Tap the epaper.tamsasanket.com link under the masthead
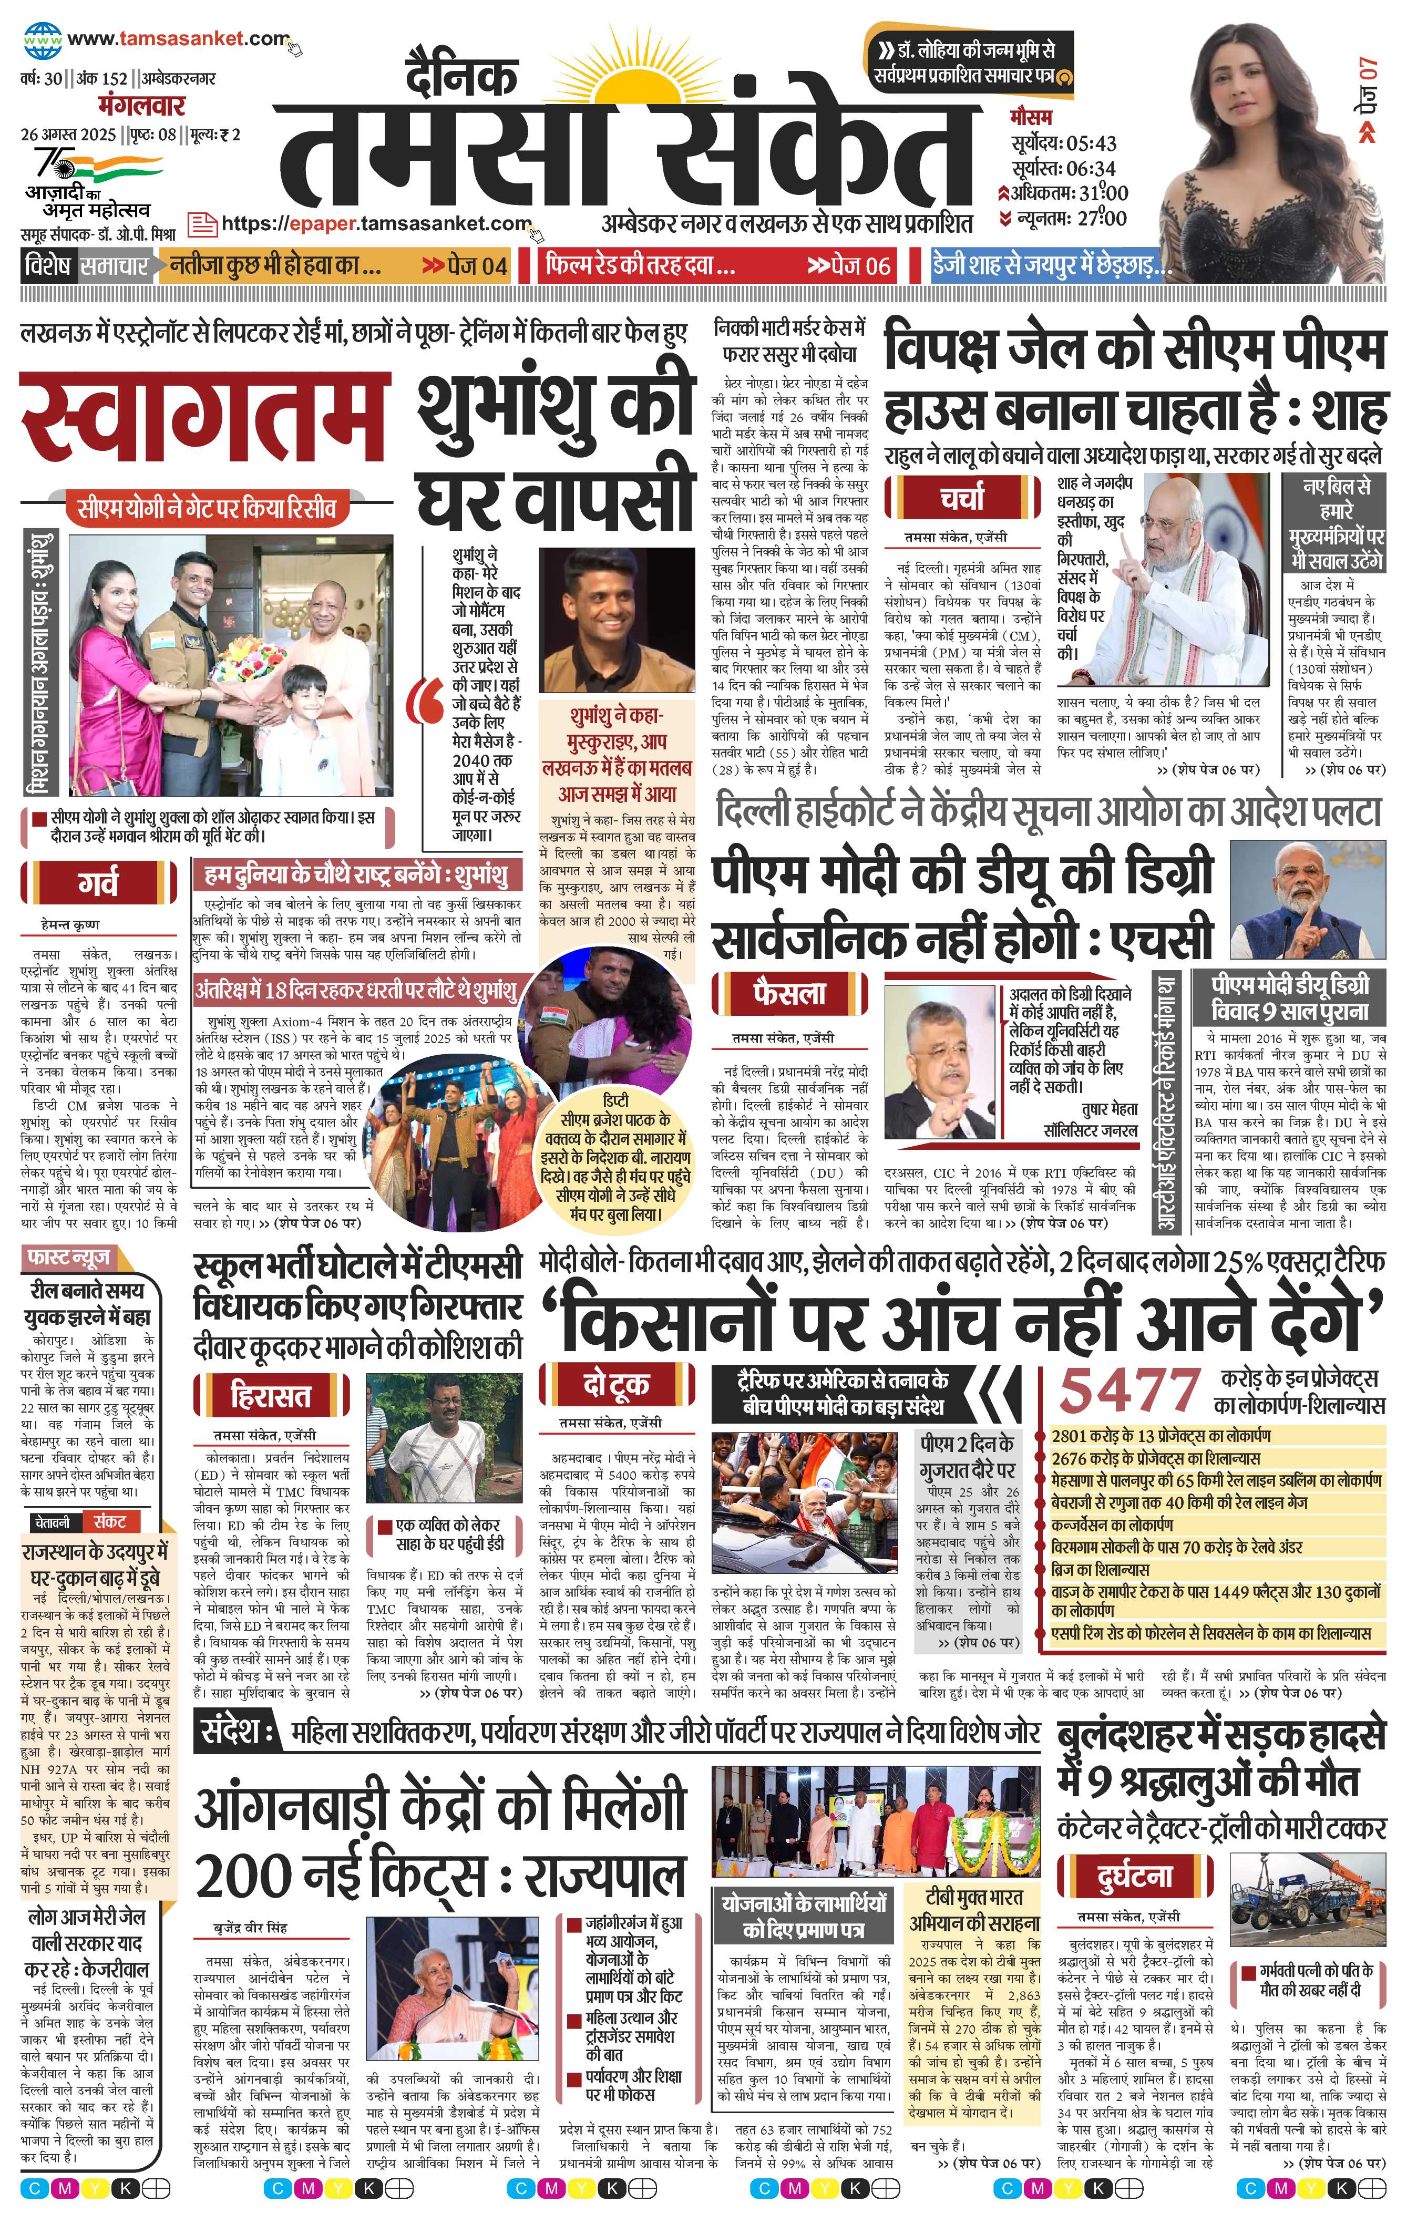coord(377,223)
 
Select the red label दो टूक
coord(615,1384)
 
